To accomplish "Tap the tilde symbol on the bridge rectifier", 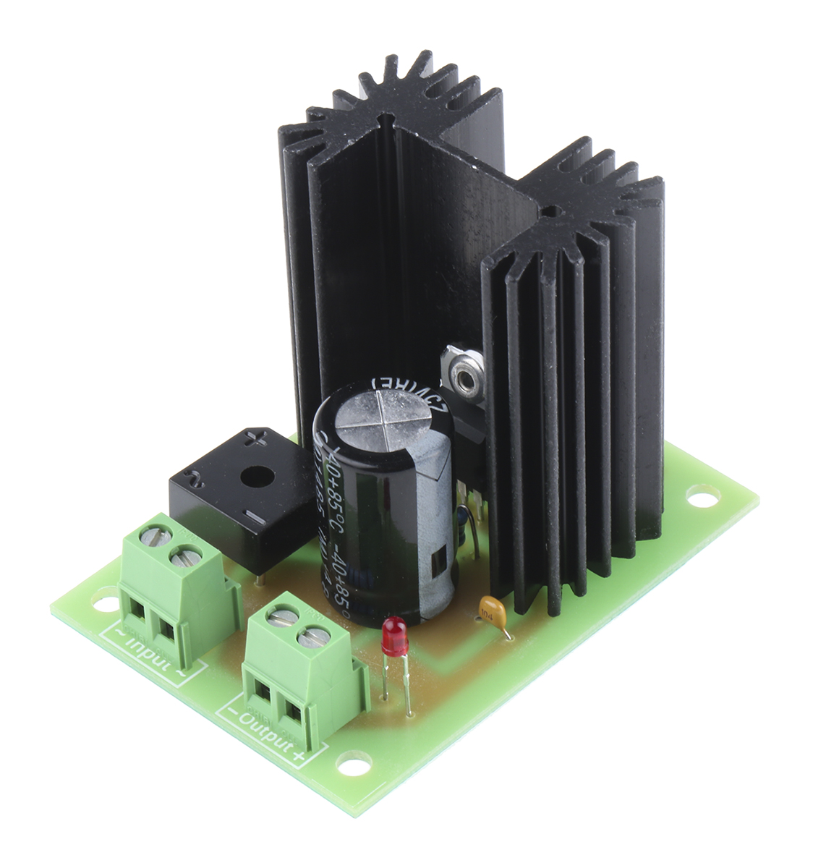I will (195, 477).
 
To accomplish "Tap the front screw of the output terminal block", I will (315, 637).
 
